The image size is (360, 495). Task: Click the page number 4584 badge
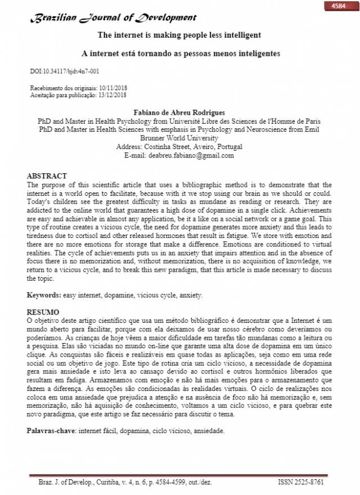pos(339,6)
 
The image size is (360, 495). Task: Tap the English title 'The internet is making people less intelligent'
pos(179,35)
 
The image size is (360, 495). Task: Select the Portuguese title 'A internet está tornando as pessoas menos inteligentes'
pos(181,53)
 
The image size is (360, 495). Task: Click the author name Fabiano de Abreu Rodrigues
pos(178,112)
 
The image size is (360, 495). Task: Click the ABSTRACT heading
pos(47,176)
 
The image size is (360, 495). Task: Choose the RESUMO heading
pos(44,311)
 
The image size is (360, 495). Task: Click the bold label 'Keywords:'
pos(44,295)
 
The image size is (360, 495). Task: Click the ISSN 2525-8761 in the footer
pos(301,483)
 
